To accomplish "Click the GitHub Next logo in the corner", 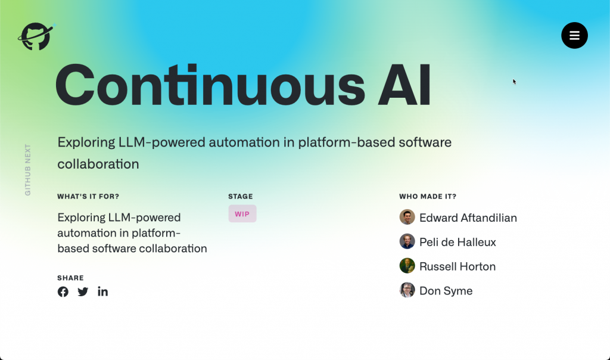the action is [36, 36].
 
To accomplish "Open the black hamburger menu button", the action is [574, 35].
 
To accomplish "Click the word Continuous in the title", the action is [210, 85].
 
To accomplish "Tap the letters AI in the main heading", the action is [404, 85].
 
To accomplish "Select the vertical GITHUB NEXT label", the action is [27, 170].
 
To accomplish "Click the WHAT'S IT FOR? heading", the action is [88, 197].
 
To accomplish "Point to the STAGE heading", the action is [241, 197].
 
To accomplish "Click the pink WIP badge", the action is [242, 213].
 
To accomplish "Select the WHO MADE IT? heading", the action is [428, 197].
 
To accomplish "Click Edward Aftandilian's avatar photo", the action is [407, 217].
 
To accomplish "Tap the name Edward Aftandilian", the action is [468, 218].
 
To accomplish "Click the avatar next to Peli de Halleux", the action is [407, 241].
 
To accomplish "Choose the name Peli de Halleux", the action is [457, 242].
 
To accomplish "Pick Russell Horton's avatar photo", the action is [407, 266].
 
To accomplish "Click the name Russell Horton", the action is [457, 266].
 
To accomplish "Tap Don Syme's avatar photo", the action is [407, 290].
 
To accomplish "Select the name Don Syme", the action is [446, 291].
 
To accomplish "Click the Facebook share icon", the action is [63, 292].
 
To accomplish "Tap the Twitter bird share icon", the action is [83, 292].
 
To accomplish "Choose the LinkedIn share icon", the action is [102, 291].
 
